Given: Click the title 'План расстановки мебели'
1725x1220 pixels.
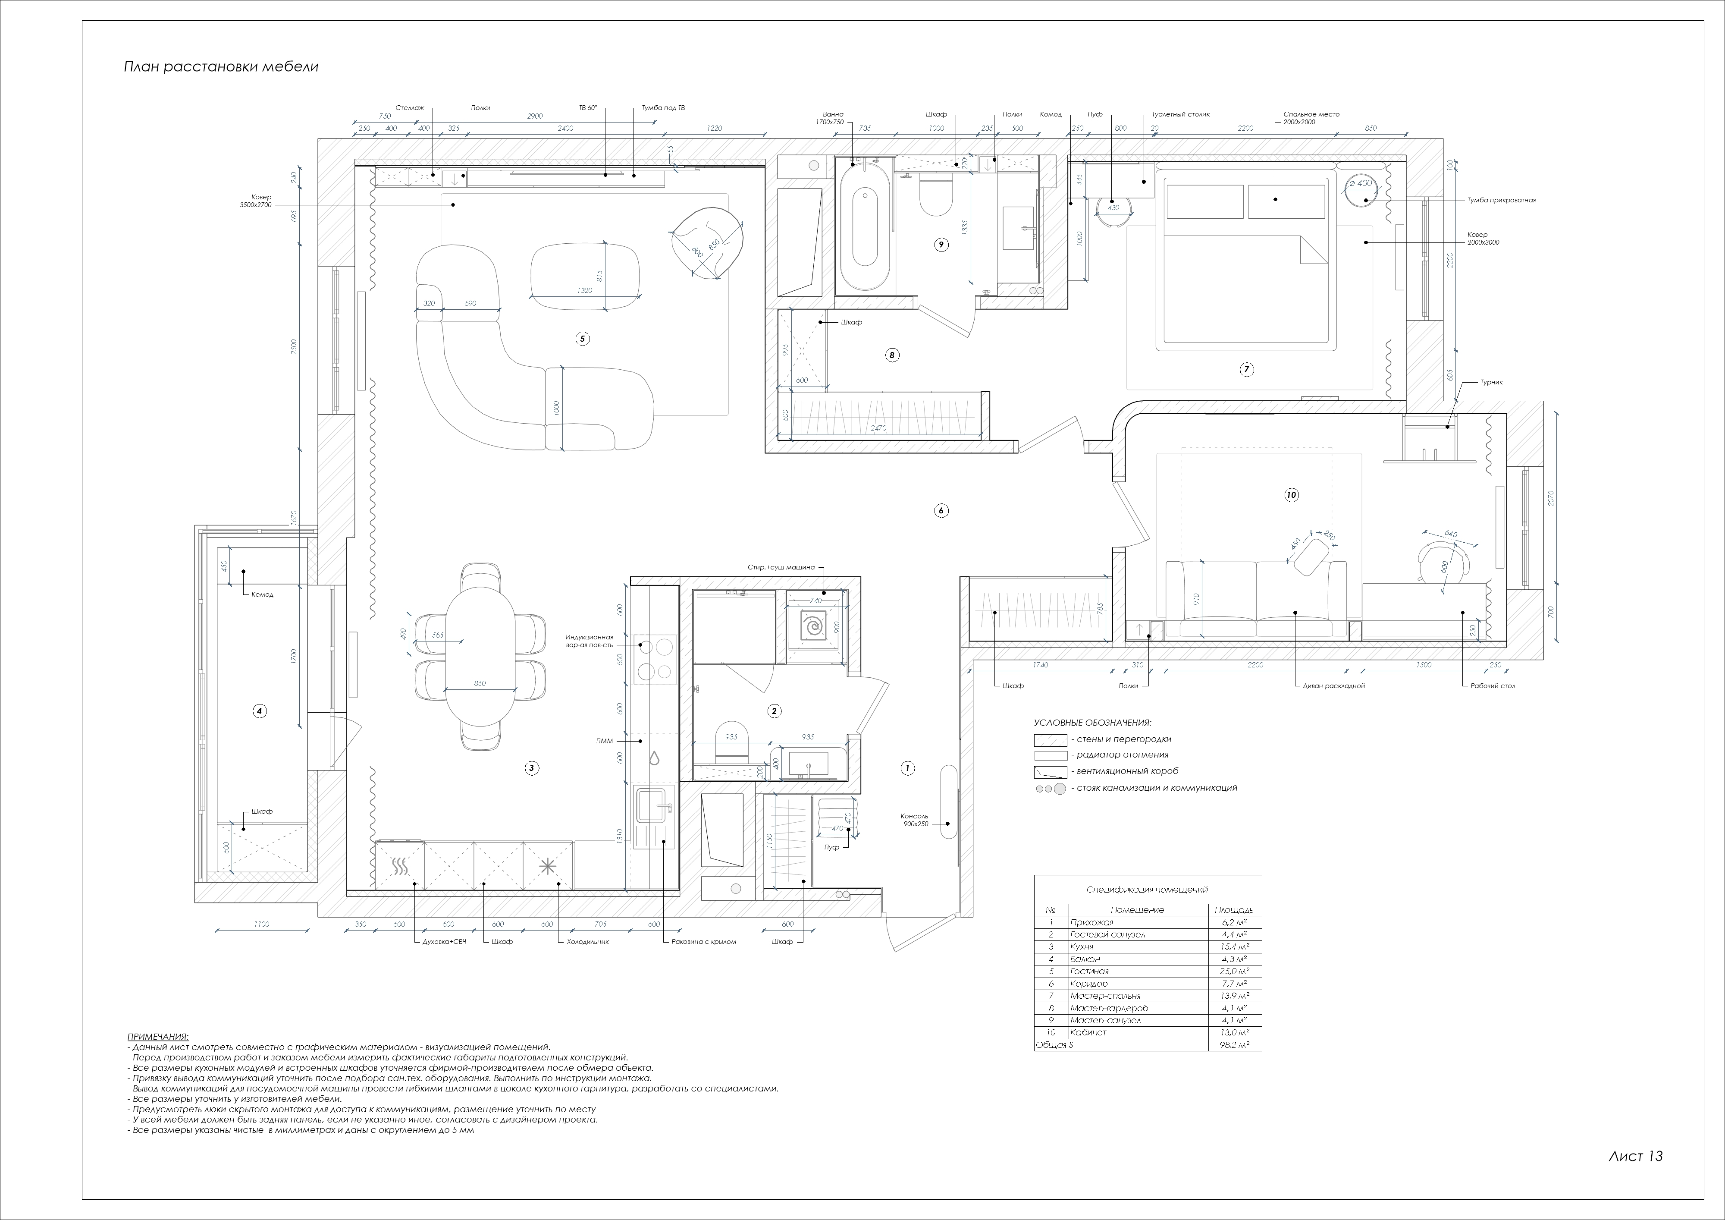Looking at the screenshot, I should click(x=221, y=67).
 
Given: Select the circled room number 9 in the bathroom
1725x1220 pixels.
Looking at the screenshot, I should click(x=941, y=244).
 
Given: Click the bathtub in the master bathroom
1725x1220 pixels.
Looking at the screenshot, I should click(x=865, y=226).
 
